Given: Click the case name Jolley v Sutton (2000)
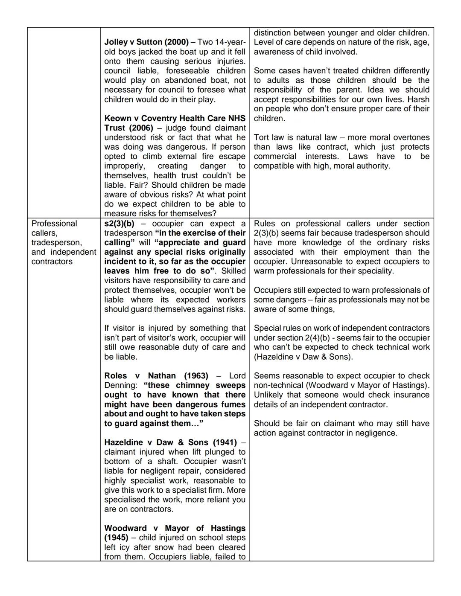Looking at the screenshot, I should coord(146,42).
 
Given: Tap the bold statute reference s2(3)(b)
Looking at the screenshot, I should coord(119,224).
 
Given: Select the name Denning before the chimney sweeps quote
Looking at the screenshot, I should coord(120,385).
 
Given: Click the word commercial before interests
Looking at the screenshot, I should coord(275,157).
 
